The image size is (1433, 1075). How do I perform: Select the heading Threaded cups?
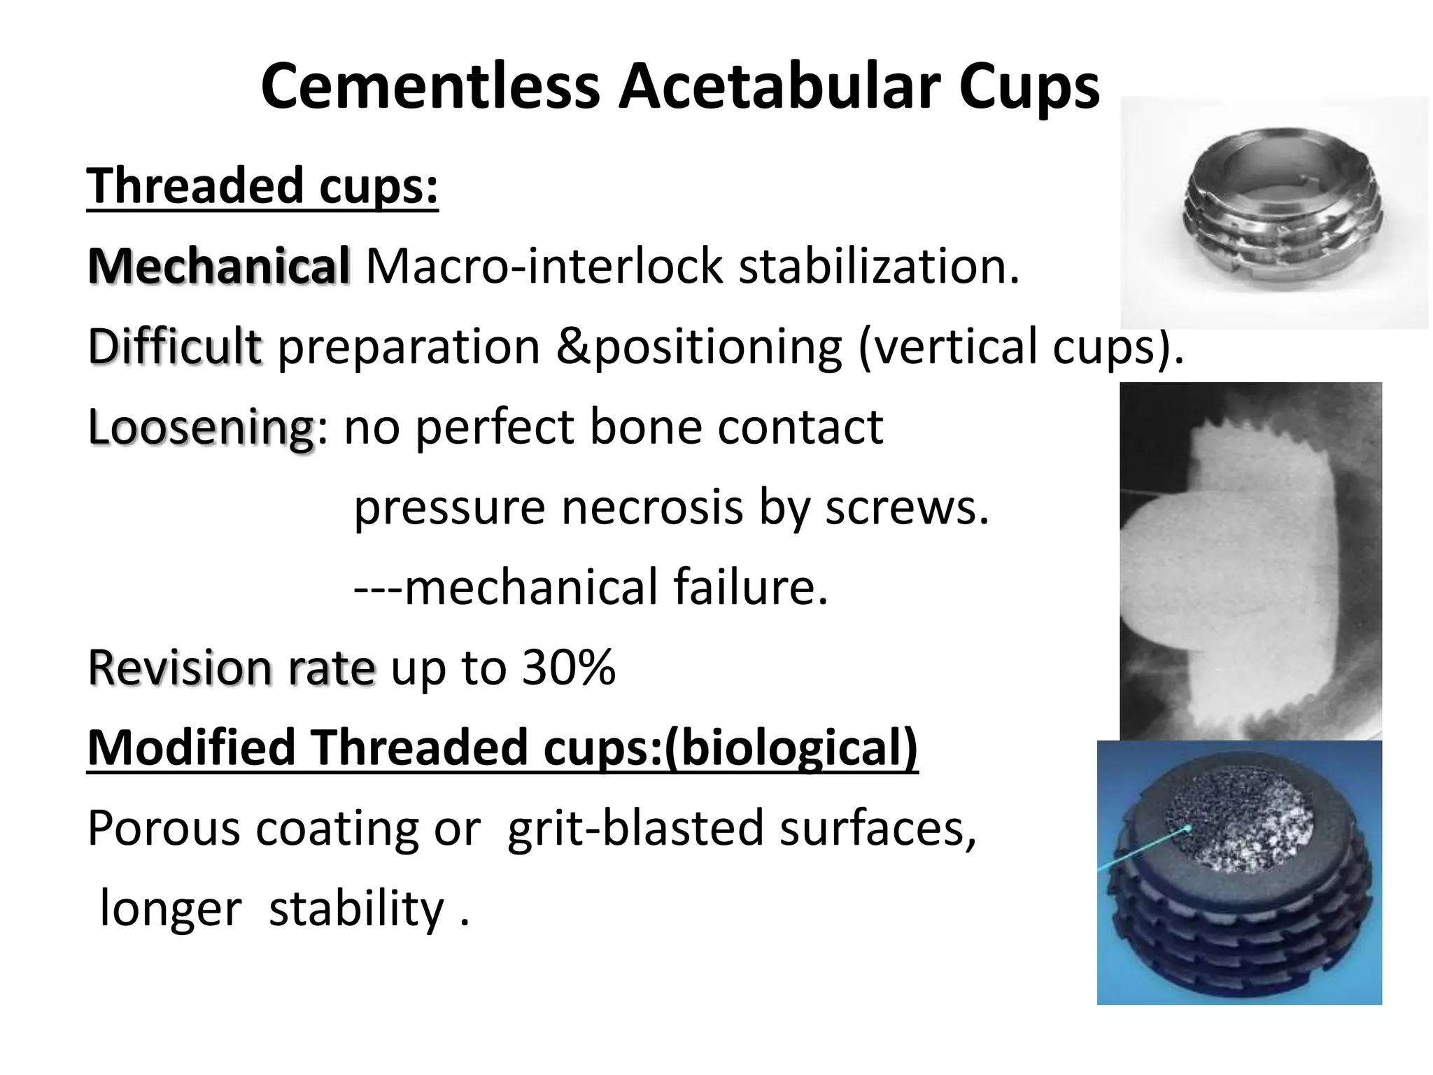coord(262,186)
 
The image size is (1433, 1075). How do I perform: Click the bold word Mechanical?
coord(218,267)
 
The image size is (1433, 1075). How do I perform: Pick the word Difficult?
coord(175,347)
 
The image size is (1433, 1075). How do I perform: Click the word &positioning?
coord(699,347)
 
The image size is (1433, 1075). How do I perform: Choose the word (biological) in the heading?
coord(791,748)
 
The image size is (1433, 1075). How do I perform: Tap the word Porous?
coord(164,828)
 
